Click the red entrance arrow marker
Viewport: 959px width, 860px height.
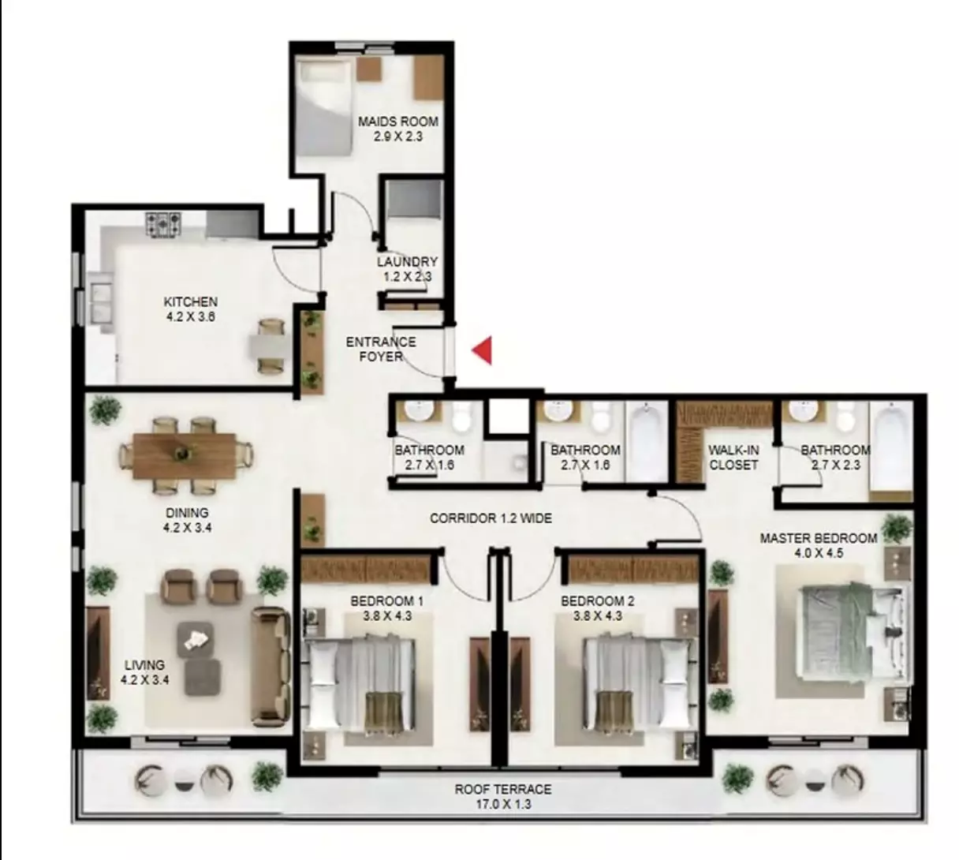483,350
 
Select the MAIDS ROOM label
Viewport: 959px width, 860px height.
397,122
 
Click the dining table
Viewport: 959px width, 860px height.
184,455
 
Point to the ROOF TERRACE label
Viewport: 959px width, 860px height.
502,789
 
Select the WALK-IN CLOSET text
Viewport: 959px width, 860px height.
733,458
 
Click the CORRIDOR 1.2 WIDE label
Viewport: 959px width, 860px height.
491,518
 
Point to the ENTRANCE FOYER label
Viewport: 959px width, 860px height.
381,349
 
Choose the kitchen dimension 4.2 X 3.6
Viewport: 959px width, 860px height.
190,316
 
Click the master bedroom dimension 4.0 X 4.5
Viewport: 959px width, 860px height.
819,553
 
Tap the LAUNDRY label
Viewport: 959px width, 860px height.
407,262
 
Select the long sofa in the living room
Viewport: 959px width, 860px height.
268,667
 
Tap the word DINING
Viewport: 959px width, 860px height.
187,513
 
